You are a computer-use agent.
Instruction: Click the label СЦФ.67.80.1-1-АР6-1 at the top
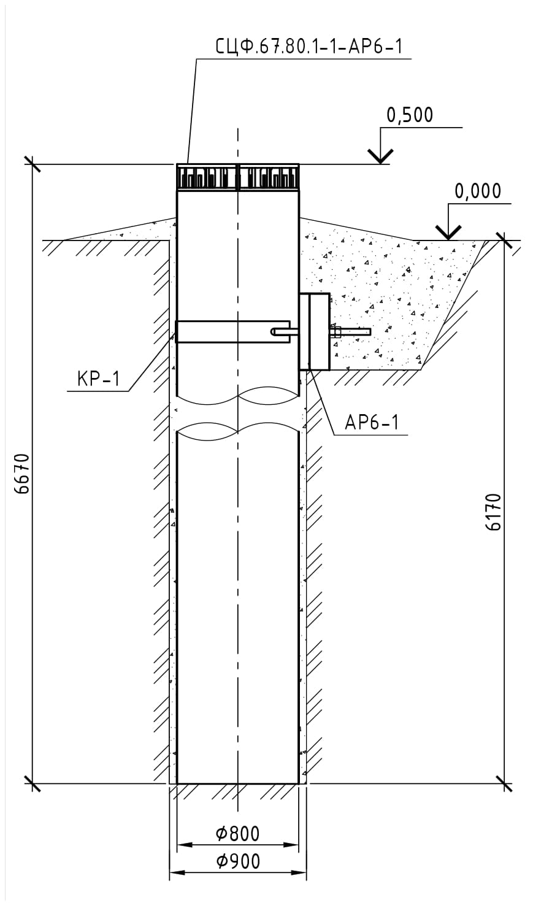tap(309, 46)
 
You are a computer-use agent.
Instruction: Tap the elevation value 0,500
tap(410, 115)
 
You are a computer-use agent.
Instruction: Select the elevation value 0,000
tap(477, 191)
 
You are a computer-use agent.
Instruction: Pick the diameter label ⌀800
tap(237, 834)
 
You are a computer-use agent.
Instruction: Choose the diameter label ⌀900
tap(237, 861)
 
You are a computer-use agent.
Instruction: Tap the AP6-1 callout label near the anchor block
tap(372, 423)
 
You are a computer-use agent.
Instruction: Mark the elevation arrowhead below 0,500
tap(381, 156)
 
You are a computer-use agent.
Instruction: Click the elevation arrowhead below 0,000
tap(449, 232)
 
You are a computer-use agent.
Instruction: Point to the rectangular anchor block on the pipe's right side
tap(315, 331)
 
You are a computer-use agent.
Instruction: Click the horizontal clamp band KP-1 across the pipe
tap(232, 331)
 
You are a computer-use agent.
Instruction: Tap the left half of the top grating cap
tap(207, 177)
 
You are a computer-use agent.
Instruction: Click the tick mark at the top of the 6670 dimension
tap(32, 164)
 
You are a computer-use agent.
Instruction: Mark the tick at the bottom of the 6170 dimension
tap(504, 783)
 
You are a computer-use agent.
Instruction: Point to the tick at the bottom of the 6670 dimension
tap(32, 783)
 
